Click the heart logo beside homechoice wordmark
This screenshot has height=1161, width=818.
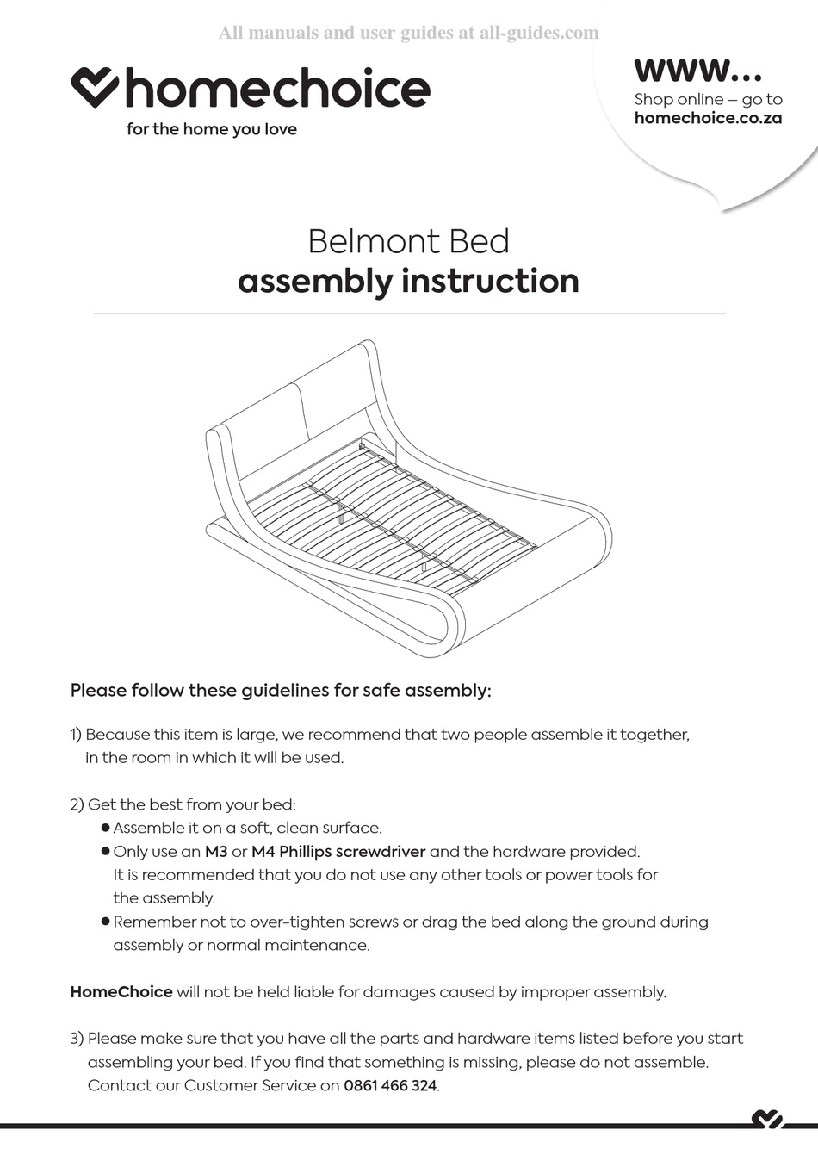[94, 88]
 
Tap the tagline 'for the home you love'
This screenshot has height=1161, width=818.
[211, 129]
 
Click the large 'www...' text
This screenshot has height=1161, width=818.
[697, 69]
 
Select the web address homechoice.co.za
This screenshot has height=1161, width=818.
[708, 118]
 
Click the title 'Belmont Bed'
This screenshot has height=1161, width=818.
[408, 241]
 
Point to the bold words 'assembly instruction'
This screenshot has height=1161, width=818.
[408, 281]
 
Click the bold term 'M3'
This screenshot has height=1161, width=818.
[216, 852]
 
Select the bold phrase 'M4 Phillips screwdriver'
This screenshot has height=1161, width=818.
[338, 852]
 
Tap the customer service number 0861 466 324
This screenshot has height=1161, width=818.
[390, 1085]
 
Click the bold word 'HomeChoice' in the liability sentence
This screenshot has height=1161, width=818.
[121, 991]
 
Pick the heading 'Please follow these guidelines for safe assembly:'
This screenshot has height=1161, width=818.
[281, 690]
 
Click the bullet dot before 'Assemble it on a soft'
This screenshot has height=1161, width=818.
[106, 828]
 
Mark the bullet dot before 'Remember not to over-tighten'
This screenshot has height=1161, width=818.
[106, 922]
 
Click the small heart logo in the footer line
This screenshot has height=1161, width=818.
[766, 1120]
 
